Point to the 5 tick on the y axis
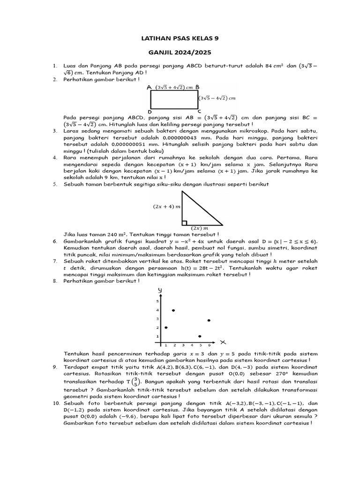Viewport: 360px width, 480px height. click(x=157, y=301)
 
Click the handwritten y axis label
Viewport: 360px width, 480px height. click(x=160, y=291)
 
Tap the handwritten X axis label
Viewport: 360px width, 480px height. click(x=223, y=341)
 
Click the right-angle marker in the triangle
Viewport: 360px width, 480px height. click(x=185, y=223)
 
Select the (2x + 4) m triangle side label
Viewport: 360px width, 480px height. click(x=166, y=206)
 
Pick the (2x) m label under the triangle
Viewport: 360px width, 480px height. click(x=199, y=228)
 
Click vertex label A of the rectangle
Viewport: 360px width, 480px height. click(x=149, y=87)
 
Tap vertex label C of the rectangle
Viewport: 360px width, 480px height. click(x=199, y=112)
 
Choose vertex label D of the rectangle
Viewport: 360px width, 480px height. click(x=149, y=112)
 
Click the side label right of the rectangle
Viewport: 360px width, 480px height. click(x=217, y=98)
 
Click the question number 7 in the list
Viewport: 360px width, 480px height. click(x=55, y=261)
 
